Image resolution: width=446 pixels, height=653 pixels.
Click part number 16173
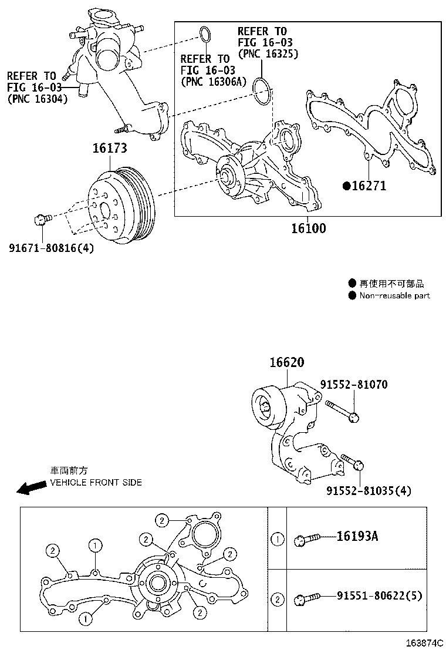point(109,149)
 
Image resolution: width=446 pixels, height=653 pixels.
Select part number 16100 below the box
point(308,228)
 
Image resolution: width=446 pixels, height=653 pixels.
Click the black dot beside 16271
point(347,186)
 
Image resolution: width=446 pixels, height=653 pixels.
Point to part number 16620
point(287,363)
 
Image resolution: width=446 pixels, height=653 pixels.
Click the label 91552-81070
point(353,385)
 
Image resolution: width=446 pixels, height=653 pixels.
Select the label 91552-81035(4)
point(369,491)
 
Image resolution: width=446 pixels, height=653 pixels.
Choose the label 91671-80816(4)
point(51,248)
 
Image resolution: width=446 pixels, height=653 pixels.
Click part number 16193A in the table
point(357,536)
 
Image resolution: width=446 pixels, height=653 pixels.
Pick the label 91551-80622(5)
point(379,596)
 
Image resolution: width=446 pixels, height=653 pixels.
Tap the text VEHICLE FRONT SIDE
point(96,482)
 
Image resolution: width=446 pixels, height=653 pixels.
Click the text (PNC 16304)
point(38,99)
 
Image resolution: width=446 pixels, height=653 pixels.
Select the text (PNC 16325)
point(268,53)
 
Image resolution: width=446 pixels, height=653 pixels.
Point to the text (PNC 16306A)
point(214,82)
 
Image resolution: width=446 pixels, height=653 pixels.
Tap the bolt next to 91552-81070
point(340,410)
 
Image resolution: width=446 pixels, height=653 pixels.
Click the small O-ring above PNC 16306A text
point(204,35)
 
